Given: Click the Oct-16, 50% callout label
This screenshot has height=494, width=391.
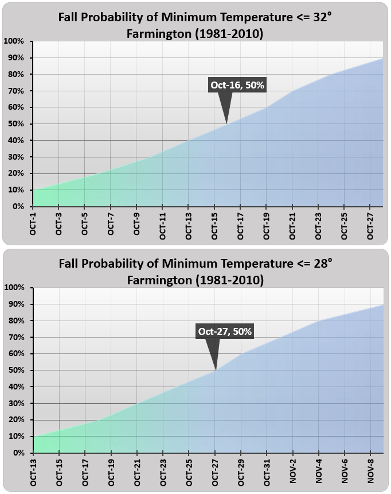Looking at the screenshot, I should [237, 86].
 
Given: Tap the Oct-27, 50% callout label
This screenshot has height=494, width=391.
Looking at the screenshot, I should [225, 331].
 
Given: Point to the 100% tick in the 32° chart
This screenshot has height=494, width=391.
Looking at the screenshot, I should [13, 41].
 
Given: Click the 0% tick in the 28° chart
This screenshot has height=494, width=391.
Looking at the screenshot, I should [17, 453].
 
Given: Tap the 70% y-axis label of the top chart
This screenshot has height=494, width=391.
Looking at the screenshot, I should [15, 91].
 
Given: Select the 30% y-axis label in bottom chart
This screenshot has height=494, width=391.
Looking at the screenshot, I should [15, 403].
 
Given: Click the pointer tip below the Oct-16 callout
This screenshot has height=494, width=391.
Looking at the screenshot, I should [227, 123].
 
